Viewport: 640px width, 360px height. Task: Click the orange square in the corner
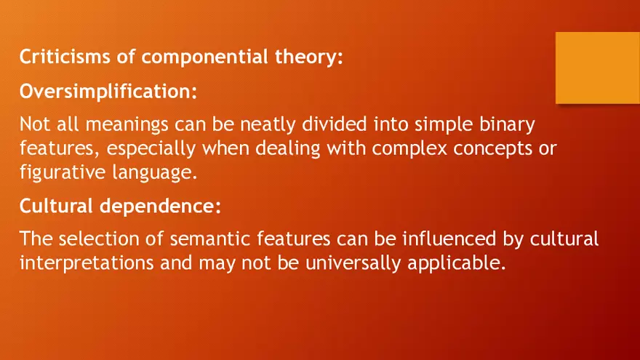[x=597, y=68]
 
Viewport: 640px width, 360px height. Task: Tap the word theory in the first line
[x=309, y=57]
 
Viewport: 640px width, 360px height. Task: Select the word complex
[x=408, y=148]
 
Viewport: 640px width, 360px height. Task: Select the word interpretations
[x=86, y=263]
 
